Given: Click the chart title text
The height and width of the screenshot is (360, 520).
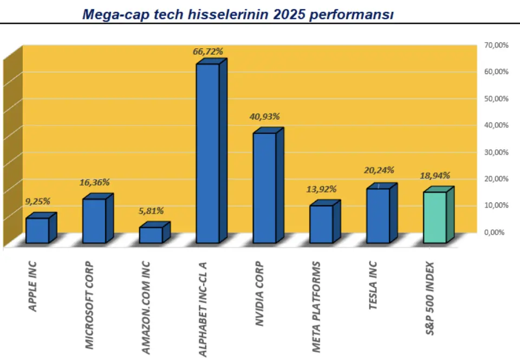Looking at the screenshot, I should [x=237, y=14].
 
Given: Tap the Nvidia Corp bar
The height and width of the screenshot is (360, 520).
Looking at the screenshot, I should [x=264, y=188].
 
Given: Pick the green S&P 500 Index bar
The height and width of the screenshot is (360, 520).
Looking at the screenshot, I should [x=435, y=217].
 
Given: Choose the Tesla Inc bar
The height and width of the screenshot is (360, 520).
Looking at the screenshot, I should [x=378, y=215].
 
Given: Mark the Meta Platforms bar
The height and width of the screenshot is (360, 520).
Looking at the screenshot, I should [x=321, y=223].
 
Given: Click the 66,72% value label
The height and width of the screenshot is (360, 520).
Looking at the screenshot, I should [x=208, y=52].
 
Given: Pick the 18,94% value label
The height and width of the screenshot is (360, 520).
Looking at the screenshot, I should [x=435, y=176].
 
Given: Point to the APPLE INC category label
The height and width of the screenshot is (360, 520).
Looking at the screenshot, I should [x=33, y=286].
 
